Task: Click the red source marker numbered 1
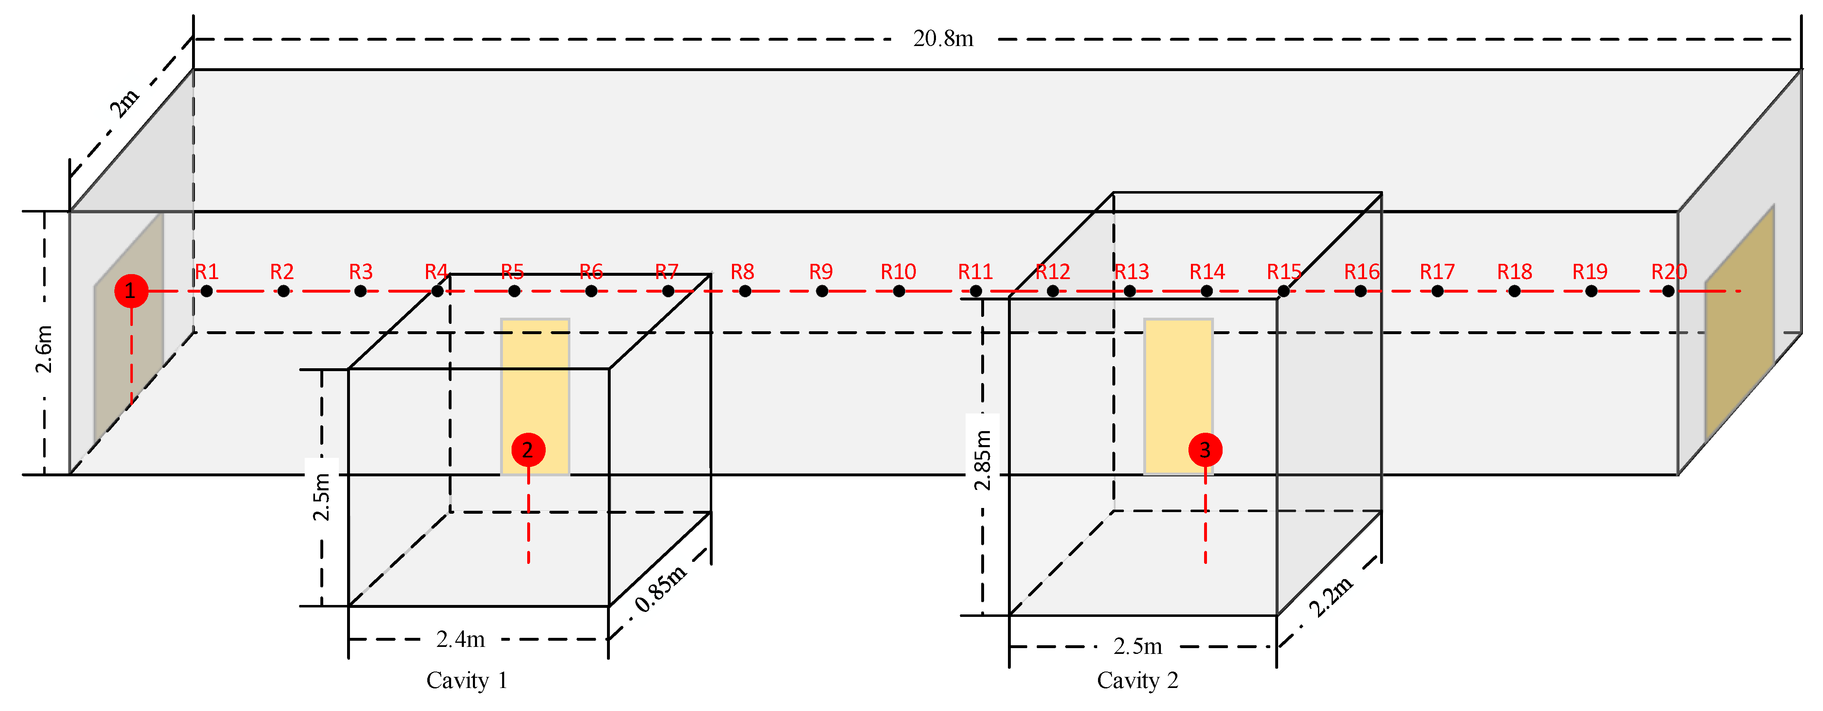(x=131, y=291)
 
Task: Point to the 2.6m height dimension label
(x=44, y=349)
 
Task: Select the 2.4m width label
(x=461, y=639)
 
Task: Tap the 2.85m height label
(x=982, y=460)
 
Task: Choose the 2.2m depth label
(x=1330, y=596)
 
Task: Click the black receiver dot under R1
(x=206, y=291)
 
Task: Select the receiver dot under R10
(x=899, y=291)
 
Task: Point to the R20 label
(x=1669, y=272)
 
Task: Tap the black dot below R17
(x=1437, y=291)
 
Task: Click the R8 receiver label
(x=742, y=272)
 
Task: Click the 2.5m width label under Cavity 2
(x=1137, y=646)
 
